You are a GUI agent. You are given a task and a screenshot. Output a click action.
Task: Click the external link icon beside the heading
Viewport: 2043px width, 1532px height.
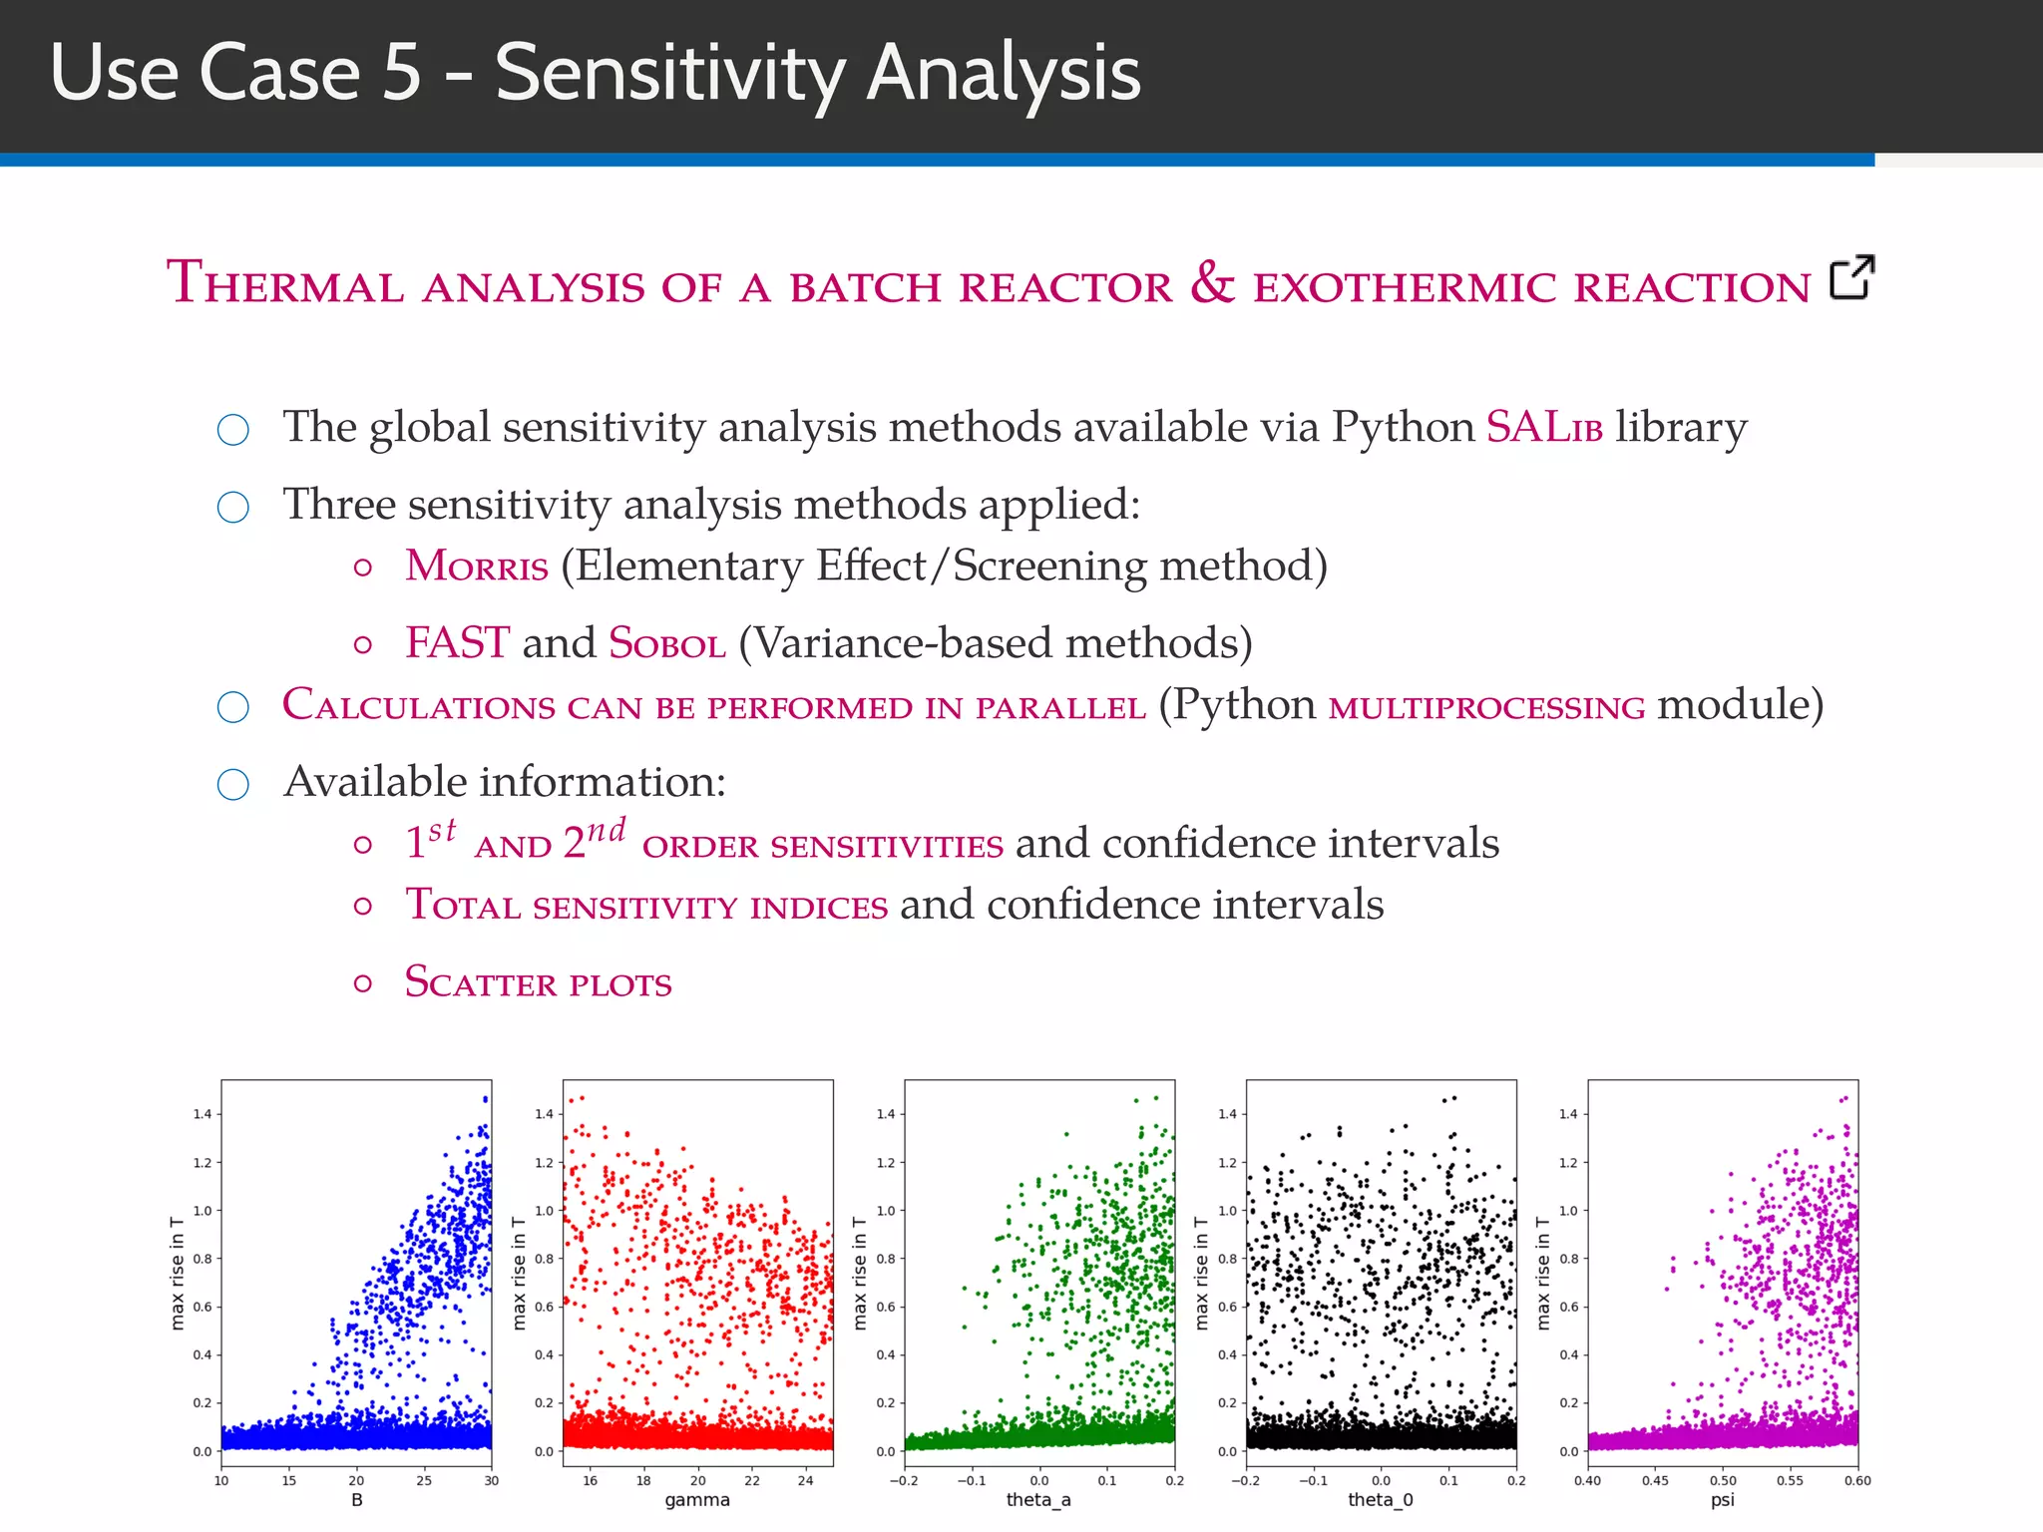pyautogui.click(x=1851, y=277)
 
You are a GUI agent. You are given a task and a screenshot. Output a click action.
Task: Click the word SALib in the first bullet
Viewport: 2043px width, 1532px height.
pyautogui.click(x=1543, y=428)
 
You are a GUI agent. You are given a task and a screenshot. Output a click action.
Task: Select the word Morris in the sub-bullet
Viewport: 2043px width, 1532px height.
pyautogui.click(x=476, y=567)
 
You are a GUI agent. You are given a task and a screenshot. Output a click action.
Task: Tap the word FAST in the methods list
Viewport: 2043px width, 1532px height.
pyautogui.click(x=457, y=643)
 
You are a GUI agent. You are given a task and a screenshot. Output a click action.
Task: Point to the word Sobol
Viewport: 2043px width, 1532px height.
pyautogui.click(x=666, y=643)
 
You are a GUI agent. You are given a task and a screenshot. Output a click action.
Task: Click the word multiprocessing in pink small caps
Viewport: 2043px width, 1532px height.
pyautogui.click(x=1486, y=707)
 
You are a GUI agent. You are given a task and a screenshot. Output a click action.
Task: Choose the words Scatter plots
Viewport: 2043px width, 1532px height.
pyautogui.click(x=538, y=983)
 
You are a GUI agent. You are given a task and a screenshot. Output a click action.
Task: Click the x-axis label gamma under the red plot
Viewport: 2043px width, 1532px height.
pyautogui.click(x=697, y=1500)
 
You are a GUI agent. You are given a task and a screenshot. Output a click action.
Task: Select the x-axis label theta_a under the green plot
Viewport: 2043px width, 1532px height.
pyautogui.click(x=1038, y=1500)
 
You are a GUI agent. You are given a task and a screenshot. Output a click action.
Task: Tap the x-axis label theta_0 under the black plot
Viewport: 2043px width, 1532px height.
pyautogui.click(x=1380, y=1500)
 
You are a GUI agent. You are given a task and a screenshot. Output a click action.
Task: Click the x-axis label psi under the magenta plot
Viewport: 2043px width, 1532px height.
pyautogui.click(x=1722, y=1500)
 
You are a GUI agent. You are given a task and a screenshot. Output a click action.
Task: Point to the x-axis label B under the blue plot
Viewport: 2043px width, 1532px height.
pyautogui.click(x=356, y=1500)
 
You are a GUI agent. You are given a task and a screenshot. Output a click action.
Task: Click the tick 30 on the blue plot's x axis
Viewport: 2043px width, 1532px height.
pyautogui.click(x=491, y=1481)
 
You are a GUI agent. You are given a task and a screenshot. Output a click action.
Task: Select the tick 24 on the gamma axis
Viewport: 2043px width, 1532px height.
pyautogui.click(x=805, y=1481)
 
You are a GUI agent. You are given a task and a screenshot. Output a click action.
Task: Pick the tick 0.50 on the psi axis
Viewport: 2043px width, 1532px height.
pyautogui.click(x=1723, y=1481)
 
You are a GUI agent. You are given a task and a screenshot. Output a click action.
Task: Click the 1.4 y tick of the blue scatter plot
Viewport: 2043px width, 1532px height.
pyautogui.click(x=203, y=1114)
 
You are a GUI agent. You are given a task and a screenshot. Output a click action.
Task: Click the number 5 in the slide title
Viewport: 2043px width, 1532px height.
pyautogui.click(x=401, y=74)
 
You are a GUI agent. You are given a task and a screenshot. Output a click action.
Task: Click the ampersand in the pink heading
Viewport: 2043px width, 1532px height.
pyautogui.click(x=1212, y=283)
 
